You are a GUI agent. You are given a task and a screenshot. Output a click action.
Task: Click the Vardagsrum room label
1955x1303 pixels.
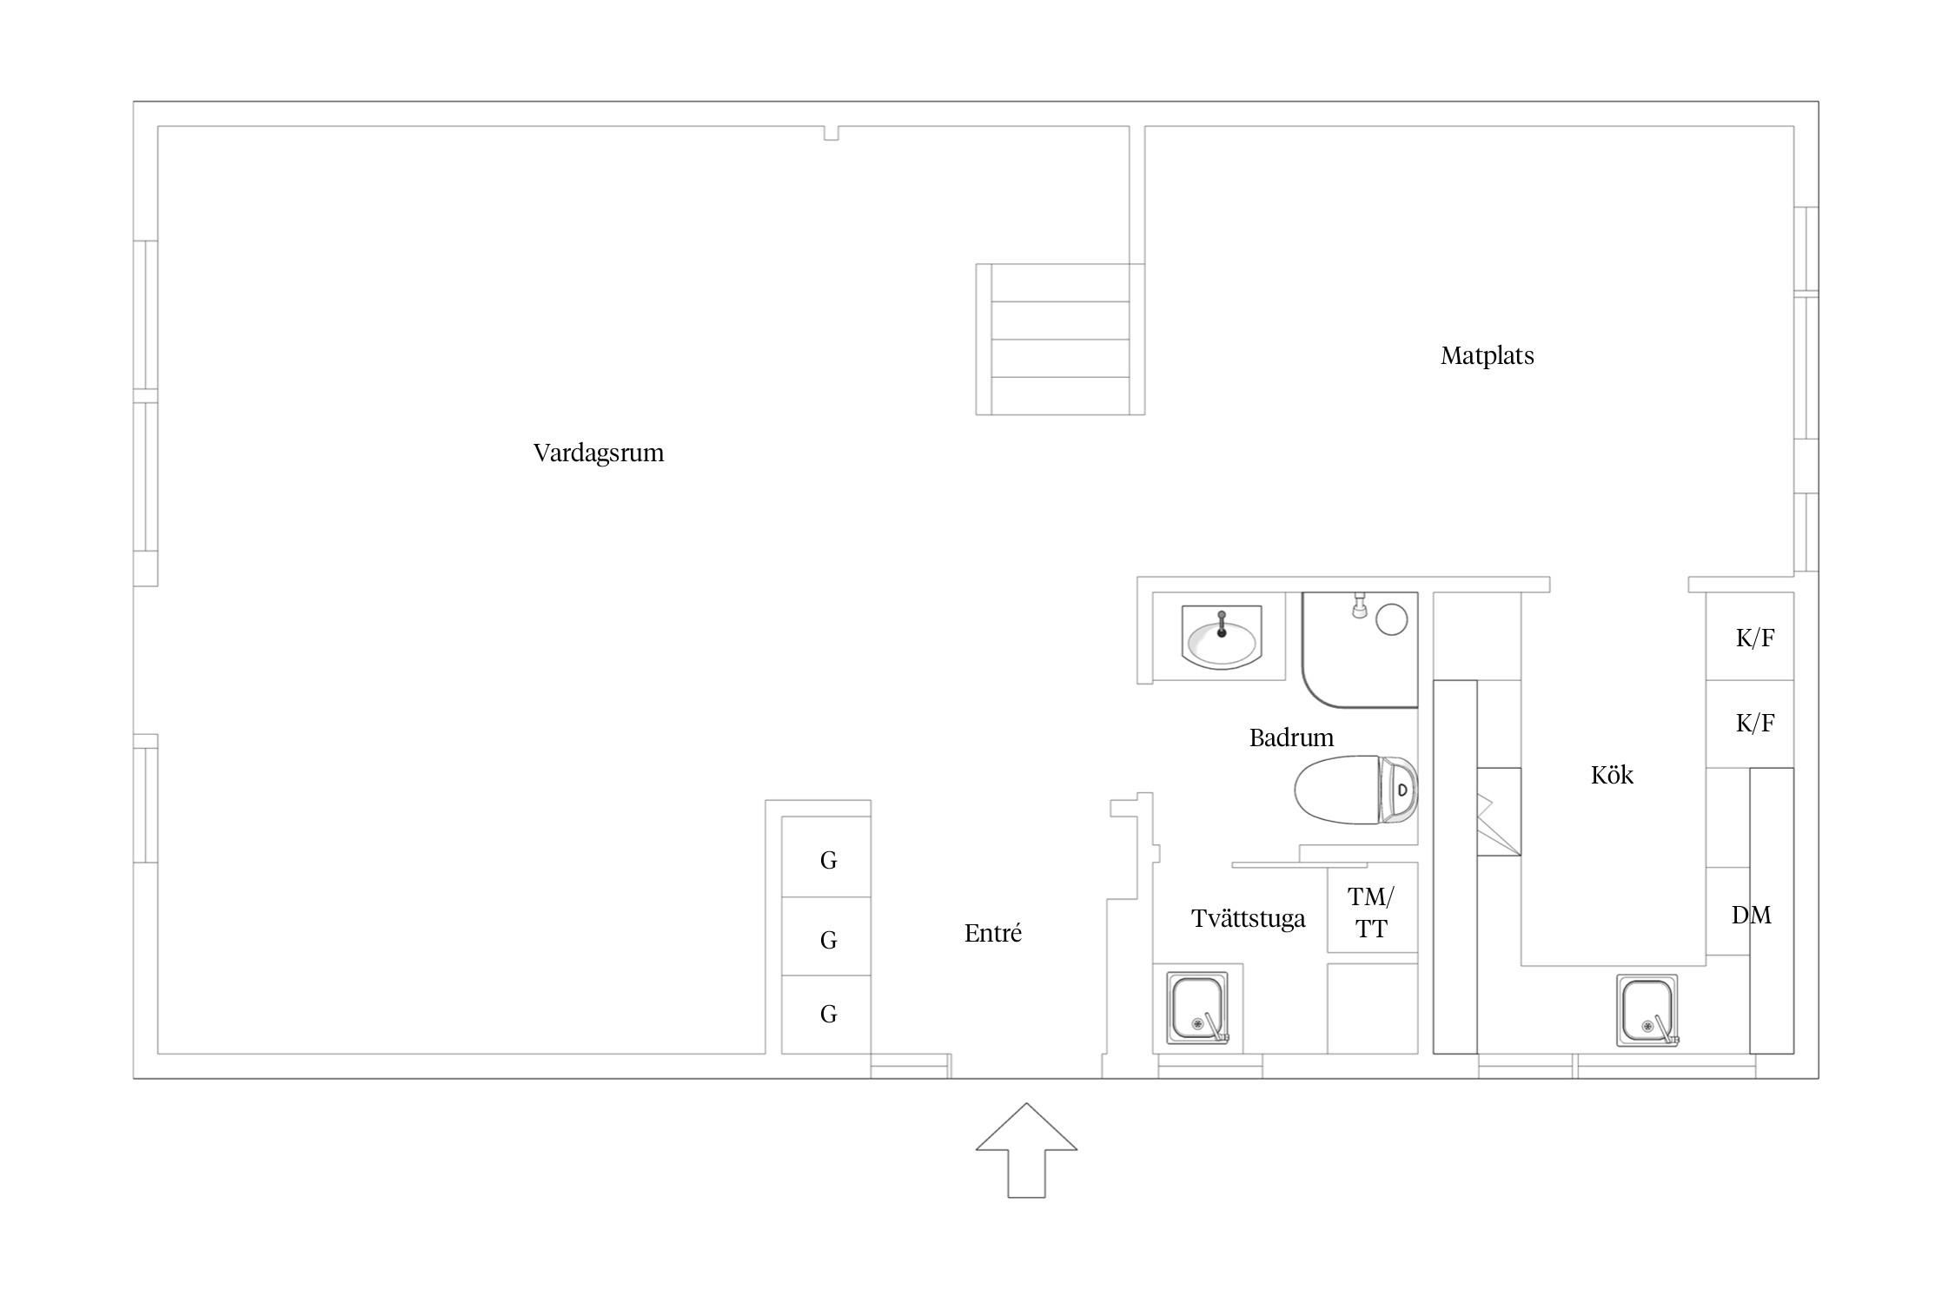(599, 453)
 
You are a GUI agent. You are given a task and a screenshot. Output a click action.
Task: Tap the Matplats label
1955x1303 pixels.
(1487, 356)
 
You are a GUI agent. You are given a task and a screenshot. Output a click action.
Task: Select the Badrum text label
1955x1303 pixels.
(1291, 737)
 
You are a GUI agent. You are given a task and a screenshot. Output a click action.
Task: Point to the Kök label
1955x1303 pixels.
(1612, 775)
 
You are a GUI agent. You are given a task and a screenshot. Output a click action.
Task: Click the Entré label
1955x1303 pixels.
(992, 933)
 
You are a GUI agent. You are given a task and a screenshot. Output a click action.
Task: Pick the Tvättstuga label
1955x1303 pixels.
(1248, 919)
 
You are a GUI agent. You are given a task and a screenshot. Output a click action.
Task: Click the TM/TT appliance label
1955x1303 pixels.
(1371, 913)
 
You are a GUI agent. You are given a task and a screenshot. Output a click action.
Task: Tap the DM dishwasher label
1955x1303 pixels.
(1751, 915)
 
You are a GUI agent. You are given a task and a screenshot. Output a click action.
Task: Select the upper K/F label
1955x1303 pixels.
(1754, 638)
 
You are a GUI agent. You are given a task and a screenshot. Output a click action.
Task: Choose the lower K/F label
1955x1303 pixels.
(1754, 723)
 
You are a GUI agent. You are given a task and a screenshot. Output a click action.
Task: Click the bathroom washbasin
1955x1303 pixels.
(1221, 638)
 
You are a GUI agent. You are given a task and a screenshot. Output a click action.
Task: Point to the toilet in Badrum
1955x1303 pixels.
(1355, 790)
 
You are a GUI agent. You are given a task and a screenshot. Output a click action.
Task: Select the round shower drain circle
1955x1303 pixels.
(1392, 619)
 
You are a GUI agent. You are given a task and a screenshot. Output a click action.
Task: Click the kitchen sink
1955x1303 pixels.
(1647, 1010)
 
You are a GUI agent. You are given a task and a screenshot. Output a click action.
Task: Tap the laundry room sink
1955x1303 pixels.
(1198, 1008)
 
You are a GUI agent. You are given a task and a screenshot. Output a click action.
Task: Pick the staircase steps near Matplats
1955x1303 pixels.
(1060, 340)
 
